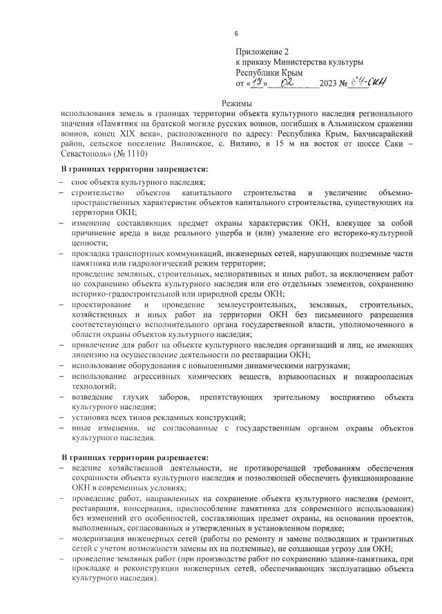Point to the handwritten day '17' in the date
(258, 83)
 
